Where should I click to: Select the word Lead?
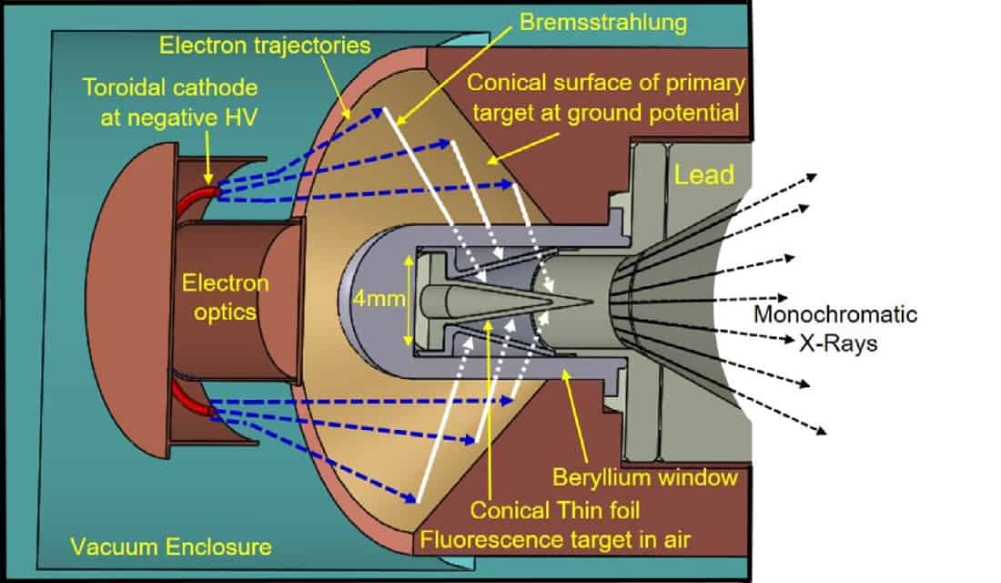click(x=703, y=173)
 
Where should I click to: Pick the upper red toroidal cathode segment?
click(x=197, y=202)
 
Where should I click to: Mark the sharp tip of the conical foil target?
click(x=592, y=302)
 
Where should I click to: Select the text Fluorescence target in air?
click(x=554, y=540)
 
